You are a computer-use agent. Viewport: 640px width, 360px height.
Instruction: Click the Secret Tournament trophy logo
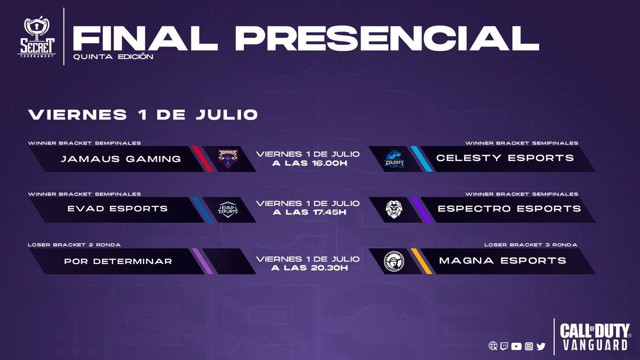pos(39,38)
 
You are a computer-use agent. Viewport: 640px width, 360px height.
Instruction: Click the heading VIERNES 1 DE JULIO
pos(143,115)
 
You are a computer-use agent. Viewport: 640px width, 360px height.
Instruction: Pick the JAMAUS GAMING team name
pos(121,158)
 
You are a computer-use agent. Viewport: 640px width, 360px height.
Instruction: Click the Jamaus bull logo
pos(228,158)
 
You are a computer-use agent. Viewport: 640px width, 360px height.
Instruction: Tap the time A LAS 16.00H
pos(309,163)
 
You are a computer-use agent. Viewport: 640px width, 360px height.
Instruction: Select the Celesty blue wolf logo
pos(395,159)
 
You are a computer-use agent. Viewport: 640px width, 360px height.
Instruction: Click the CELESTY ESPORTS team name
pos(505,158)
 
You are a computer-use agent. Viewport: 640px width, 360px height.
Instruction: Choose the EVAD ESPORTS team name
pos(117,209)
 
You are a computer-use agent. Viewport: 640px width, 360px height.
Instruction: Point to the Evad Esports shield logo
pos(228,209)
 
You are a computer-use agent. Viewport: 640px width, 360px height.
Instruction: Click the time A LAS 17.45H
pos(309,213)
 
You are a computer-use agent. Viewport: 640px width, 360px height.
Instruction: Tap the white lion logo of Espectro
pos(395,210)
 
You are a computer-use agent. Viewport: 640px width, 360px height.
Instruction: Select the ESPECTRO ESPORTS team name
pos(509,209)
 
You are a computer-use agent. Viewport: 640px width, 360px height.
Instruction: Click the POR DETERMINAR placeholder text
pos(118,261)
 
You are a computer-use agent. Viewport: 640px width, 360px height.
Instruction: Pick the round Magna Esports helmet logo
pos(395,261)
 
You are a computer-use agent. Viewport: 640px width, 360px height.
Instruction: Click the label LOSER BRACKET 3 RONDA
pos(530,245)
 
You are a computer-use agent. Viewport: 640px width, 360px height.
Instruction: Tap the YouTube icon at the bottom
pos(516,346)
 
